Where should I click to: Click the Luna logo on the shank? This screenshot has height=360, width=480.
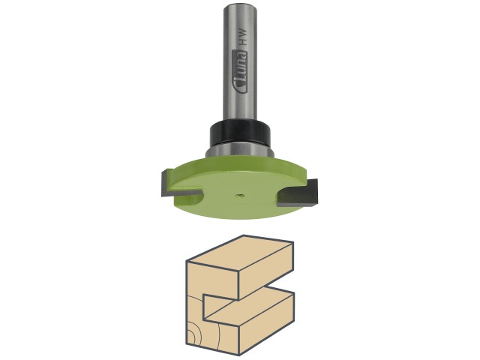point(241,71)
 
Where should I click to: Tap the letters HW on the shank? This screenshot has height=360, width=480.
point(242,37)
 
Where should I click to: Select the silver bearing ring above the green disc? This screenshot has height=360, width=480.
point(239,151)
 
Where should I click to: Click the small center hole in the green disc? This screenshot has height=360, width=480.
point(238,195)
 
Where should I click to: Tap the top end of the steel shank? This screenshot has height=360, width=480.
point(240,6)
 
